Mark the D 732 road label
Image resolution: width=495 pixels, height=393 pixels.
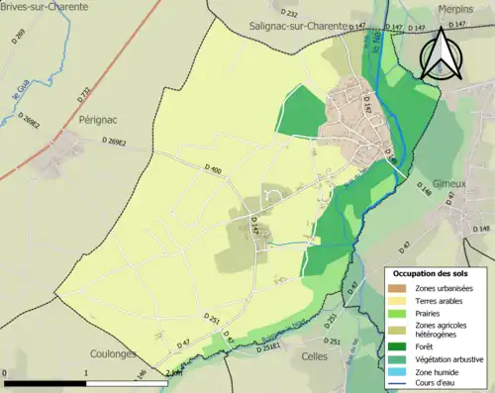point(84,94)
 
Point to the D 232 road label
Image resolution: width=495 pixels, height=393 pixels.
point(290,12)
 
